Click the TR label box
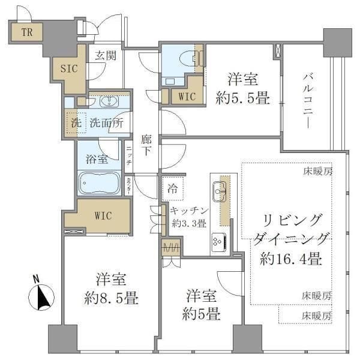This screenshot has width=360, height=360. pyautogui.click(x=26, y=32)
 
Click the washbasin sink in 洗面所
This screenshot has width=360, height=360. pyautogui.click(x=109, y=101)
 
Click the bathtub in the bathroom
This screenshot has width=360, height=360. pyautogui.click(x=100, y=182)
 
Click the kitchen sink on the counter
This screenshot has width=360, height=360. pyautogui.click(x=219, y=192)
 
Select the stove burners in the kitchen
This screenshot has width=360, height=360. pyautogui.click(x=217, y=239)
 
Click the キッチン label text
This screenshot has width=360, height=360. pyautogui.click(x=188, y=211)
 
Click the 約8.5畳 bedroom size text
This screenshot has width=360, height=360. pyautogui.click(x=111, y=298)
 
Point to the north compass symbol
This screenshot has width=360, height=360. pyautogui.click(x=41, y=295)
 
